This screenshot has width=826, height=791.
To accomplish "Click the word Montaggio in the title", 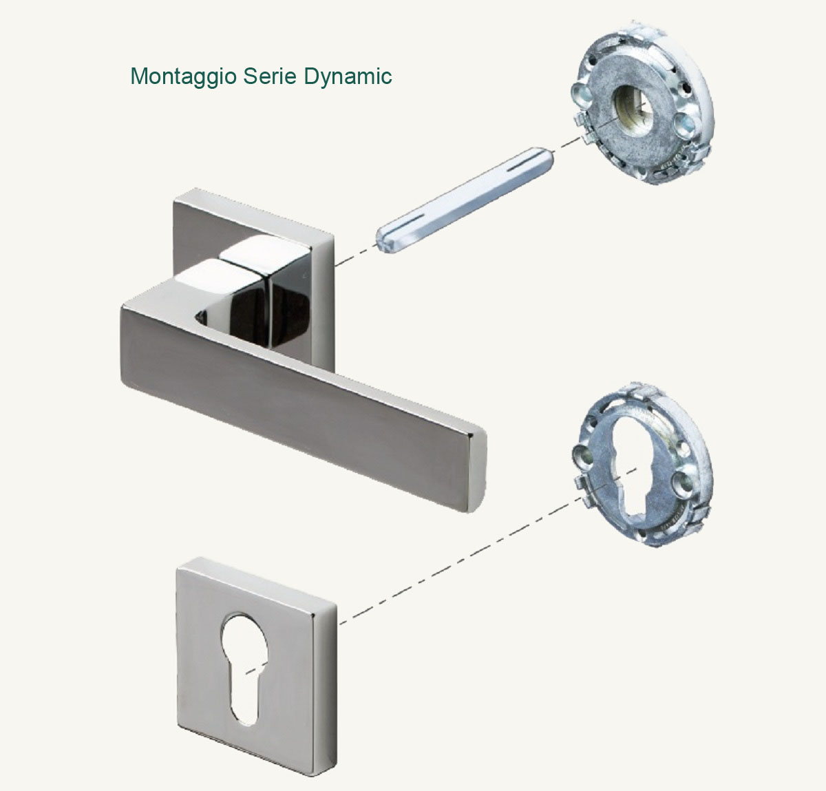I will [x=182, y=76].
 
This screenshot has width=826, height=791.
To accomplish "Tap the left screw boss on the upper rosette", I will [x=580, y=94].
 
